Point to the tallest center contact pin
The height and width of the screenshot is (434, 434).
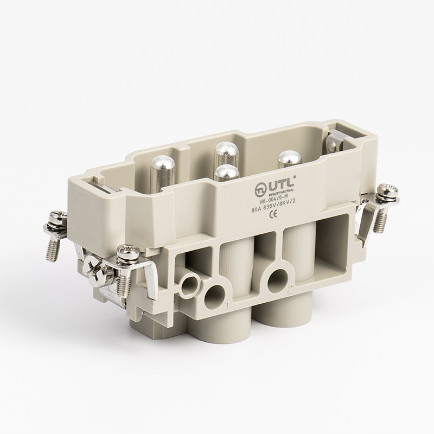pyautogui.click(x=224, y=151)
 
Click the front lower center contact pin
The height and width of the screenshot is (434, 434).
pyautogui.click(x=226, y=175)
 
